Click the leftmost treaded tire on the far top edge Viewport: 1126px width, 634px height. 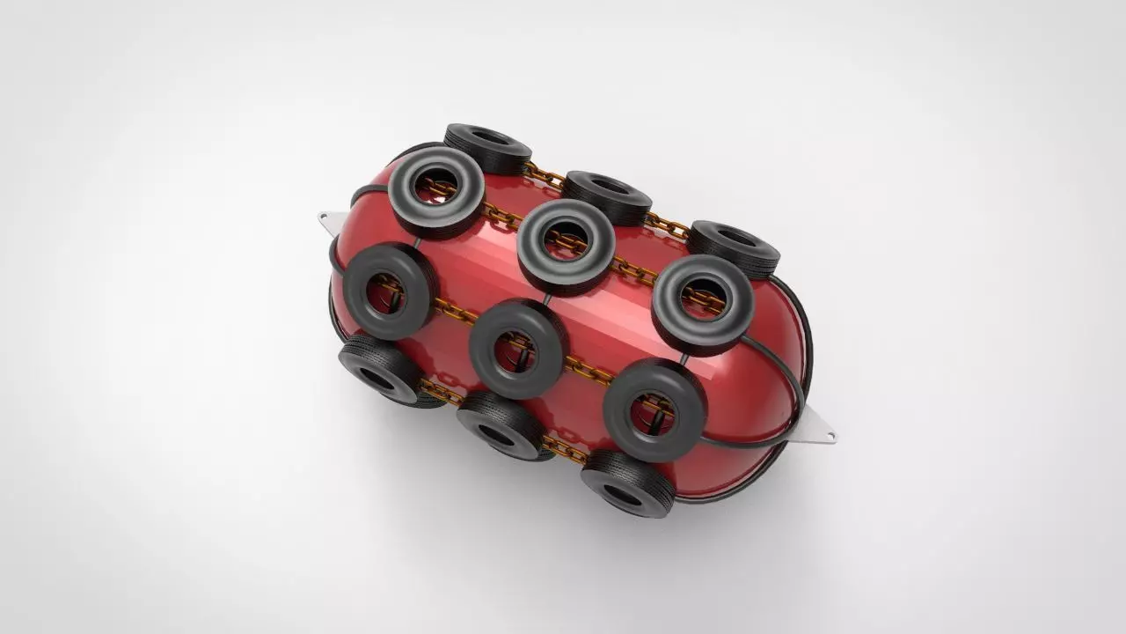click(487, 144)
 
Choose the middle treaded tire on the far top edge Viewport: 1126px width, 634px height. click(607, 195)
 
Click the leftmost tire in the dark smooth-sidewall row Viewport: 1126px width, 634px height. click(388, 290)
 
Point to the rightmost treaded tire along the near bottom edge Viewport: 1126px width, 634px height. click(627, 482)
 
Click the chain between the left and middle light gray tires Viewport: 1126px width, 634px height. click(500, 219)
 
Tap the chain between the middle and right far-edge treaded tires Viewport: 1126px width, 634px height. click(669, 224)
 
